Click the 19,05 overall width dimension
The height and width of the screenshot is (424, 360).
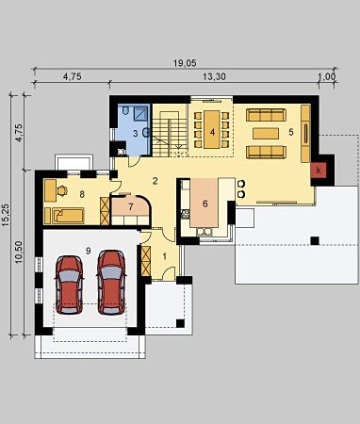(185, 63)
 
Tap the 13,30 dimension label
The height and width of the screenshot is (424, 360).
(214, 76)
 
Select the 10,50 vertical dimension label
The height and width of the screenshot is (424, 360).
(19, 252)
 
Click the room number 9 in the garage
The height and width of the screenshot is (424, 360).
(88, 251)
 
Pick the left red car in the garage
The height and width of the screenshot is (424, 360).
(69, 285)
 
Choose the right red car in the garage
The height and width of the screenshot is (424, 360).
(111, 283)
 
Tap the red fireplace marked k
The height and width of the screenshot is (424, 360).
(319, 171)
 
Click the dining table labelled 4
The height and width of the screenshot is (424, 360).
(213, 129)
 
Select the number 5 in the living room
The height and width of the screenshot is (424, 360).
(291, 132)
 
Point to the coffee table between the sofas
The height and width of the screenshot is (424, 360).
(266, 134)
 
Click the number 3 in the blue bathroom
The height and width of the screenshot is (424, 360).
(135, 134)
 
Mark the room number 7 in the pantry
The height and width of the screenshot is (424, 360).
(131, 207)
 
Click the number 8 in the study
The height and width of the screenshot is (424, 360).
(82, 195)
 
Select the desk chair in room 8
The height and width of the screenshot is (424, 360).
(62, 190)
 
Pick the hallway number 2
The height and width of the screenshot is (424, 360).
(155, 181)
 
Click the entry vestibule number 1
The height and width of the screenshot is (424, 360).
(164, 256)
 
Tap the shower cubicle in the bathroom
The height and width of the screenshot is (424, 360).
(140, 113)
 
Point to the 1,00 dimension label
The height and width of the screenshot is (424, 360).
(327, 77)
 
